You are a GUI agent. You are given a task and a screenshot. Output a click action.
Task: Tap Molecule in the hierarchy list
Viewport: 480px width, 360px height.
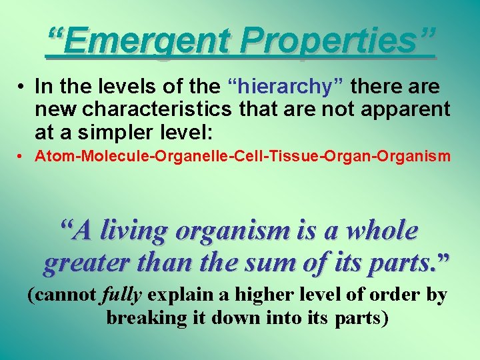[x=97, y=157]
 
